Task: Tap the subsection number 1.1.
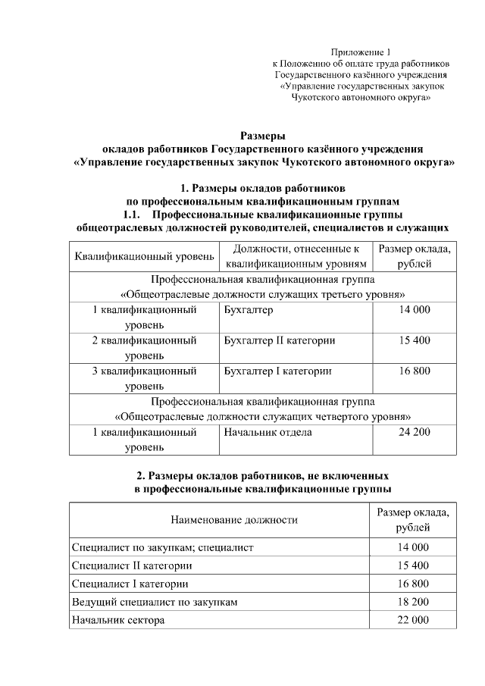(136, 215)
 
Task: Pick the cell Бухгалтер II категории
(280, 340)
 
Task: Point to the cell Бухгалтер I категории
(278, 371)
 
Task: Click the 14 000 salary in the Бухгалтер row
(414, 310)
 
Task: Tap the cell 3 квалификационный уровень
(144, 378)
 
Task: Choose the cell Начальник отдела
(268, 432)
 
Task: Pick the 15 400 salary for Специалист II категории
(413, 565)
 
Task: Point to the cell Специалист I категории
(130, 584)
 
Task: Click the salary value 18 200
(413, 602)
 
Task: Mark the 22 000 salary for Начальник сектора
(413, 620)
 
